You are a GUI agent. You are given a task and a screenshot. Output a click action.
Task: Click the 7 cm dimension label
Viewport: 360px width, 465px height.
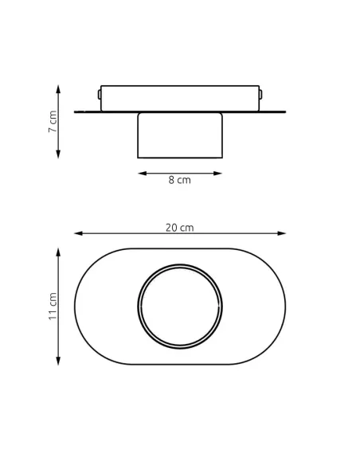click(x=53, y=121)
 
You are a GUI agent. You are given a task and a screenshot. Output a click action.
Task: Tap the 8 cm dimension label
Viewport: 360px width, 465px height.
click(x=179, y=181)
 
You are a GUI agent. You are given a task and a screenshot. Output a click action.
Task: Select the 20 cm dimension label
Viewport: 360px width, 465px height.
click(x=179, y=228)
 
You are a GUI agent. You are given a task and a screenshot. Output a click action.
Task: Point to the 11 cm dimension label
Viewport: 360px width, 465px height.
click(x=53, y=306)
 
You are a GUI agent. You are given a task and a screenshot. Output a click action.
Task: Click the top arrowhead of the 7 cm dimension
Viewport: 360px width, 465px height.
click(x=58, y=88)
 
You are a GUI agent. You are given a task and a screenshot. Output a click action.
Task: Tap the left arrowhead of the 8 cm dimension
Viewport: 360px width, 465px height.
click(x=142, y=172)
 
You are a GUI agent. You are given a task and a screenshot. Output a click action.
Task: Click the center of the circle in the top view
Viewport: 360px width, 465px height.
click(x=180, y=307)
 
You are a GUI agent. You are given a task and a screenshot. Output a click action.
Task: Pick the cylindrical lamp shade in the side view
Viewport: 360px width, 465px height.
click(x=180, y=135)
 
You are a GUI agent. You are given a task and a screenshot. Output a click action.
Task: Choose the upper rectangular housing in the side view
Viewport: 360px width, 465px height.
click(x=180, y=98)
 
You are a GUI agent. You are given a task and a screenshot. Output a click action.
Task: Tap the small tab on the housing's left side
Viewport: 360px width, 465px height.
click(x=99, y=95)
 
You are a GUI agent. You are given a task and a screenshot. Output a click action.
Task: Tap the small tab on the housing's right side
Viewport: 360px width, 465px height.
click(x=261, y=95)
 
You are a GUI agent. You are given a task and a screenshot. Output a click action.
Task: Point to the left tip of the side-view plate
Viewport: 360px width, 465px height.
click(x=76, y=111)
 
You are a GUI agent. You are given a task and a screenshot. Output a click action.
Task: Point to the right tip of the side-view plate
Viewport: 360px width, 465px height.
click(x=284, y=111)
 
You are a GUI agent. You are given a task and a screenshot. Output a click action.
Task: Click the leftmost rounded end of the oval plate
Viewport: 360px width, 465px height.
click(x=76, y=307)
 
